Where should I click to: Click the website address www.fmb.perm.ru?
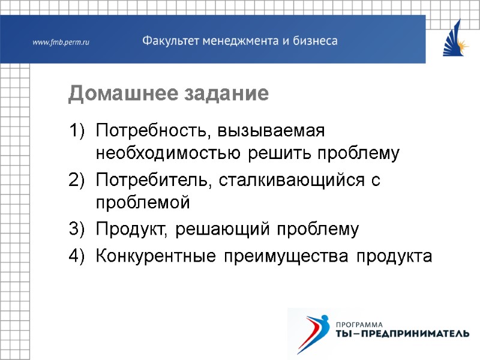point(61,42)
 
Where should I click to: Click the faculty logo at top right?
point(455,38)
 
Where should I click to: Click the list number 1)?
point(77,130)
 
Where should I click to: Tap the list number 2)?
point(77,179)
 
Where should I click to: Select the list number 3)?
point(77,229)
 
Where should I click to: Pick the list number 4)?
point(77,256)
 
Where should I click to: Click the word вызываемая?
point(271,130)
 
